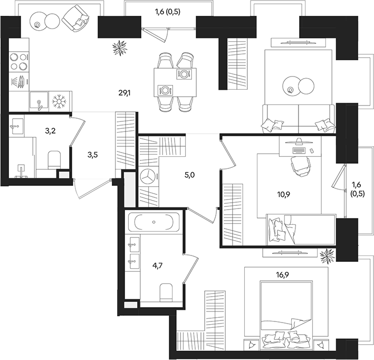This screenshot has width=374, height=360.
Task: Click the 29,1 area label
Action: [124, 92]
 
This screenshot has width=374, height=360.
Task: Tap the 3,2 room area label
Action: [50, 131]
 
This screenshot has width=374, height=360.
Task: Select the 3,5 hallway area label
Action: [92, 155]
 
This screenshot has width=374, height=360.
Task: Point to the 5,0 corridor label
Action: [189, 175]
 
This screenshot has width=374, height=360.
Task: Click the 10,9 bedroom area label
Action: [283, 194]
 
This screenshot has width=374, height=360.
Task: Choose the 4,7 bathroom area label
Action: [157, 265]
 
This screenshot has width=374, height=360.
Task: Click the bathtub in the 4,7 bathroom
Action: [154, 222]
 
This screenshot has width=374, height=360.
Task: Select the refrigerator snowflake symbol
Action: [59, 101]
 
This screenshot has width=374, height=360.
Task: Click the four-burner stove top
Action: [19, 62]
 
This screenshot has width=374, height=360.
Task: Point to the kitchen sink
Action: [39, 102]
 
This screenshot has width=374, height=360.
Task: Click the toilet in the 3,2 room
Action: [54, 160]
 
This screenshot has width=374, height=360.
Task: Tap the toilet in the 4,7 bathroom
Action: [166, 292]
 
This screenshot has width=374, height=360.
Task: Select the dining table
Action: [175, 82]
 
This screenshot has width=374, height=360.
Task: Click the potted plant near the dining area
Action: [120, 48]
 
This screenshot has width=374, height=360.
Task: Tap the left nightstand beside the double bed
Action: [252, 345]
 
